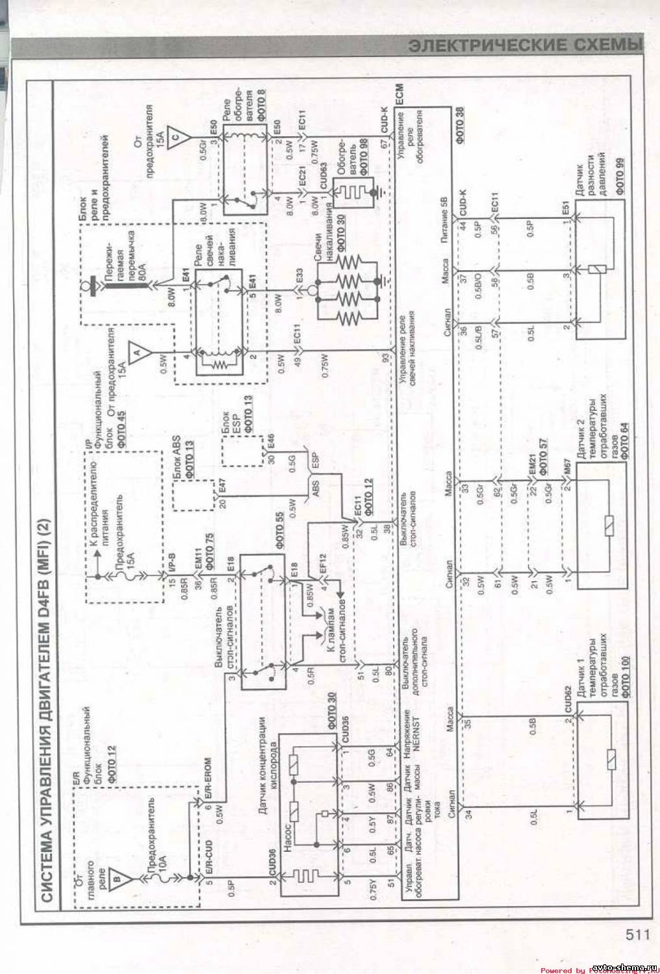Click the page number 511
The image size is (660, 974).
coord(639,934)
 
